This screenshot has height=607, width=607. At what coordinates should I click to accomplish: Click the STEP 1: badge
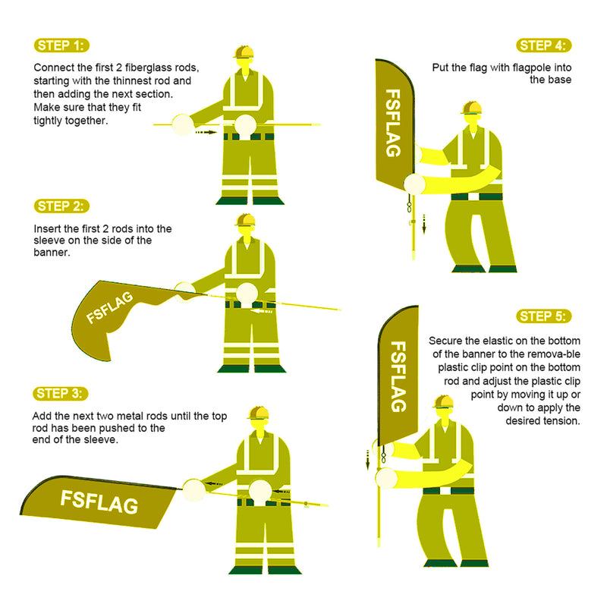tap(61, 46)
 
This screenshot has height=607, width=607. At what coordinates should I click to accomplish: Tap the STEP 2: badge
tap(61, 206)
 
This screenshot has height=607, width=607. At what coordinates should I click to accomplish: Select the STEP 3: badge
tap(61, 393)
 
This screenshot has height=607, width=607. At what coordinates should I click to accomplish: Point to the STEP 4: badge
tap(543, 46)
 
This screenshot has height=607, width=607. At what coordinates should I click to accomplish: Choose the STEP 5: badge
tap(543, 316)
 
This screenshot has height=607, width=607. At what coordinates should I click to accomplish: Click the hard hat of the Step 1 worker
tap(244, 52)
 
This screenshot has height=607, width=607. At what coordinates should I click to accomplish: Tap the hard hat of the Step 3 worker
tap(258, 413)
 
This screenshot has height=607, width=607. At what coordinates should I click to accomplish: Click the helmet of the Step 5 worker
tap(443, 402)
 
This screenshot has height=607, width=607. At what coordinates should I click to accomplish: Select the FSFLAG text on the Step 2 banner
tap(109, 307)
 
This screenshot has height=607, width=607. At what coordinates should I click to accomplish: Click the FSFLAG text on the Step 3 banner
tap(99, 502)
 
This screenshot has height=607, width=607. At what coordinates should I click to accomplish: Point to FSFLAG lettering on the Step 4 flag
tap(393, 123)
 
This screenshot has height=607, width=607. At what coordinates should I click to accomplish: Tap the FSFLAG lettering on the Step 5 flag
tap(398, 376)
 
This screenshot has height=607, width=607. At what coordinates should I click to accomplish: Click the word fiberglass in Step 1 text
tap(149, 68)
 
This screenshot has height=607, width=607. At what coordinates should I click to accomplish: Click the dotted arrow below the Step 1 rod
tap(205, 132)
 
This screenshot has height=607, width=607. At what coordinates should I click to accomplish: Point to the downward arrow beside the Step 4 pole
tap(424, 224)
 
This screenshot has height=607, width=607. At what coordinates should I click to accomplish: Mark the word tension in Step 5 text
tap(564, 421)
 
